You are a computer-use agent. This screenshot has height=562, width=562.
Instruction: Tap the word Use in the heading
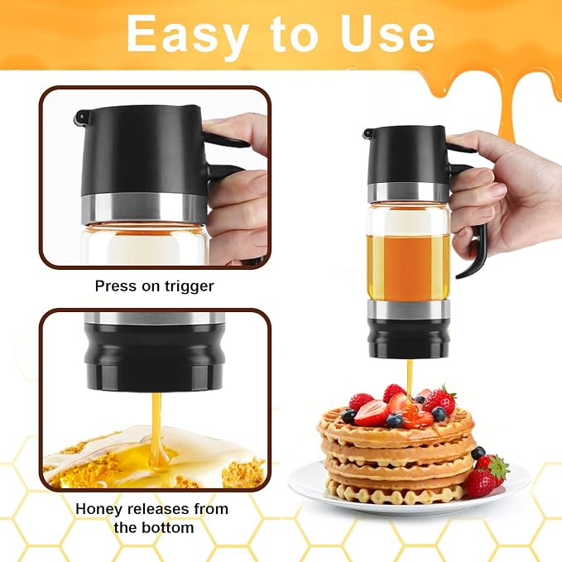387,34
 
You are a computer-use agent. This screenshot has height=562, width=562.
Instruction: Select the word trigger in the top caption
190,286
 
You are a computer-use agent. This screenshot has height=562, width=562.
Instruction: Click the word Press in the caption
115,286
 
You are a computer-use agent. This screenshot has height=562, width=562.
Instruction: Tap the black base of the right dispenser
409,338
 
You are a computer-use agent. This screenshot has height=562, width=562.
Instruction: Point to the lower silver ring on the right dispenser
409,309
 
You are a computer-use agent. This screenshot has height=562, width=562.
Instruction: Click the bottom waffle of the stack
396,492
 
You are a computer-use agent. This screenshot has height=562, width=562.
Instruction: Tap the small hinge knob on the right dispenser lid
367,134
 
